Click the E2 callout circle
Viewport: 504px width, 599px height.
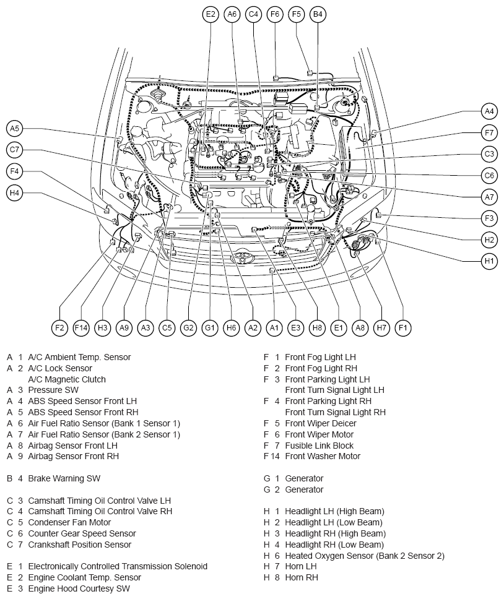pos(211,14)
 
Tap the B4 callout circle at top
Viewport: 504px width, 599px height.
pos(318,14)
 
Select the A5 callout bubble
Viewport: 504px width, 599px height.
pos(14,128)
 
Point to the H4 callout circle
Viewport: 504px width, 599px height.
pos(14,192)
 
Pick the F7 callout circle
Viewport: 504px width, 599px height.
pos(489,133)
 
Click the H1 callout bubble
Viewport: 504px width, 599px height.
pos(489,261)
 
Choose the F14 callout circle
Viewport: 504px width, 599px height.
pos(81,328)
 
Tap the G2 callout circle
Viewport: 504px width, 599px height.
pos(188,328)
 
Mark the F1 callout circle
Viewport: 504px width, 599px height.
pos(402,328)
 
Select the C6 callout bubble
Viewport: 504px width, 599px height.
pos(489,176)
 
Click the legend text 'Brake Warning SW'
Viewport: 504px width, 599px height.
pos(64,478)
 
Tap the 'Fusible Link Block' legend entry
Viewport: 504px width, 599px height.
pos(319,446)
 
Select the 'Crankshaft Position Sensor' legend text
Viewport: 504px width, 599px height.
pos(79,545)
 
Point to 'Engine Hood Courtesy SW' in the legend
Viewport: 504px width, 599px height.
pos(79,588)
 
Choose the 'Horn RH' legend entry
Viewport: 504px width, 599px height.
pos(302,577)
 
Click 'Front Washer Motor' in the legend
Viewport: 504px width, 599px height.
pos(323,456)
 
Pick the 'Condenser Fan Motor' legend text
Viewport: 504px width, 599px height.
pos(69,522)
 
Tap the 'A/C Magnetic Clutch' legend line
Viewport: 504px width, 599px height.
pos(67,379)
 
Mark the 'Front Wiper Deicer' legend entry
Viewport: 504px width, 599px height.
pos(321,423)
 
